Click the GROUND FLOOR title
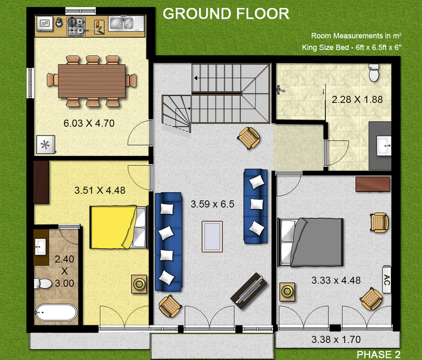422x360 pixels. (226, 14)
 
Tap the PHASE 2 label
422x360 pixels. (378, 354)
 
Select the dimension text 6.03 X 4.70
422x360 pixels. (89, 123)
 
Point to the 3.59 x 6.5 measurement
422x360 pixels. (212, 205)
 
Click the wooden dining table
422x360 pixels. (92, 81)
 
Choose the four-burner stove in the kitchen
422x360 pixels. (76, 25)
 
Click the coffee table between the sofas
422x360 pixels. (212, 237)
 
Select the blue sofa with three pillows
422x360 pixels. (256, 207)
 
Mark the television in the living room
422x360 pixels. (249, 291)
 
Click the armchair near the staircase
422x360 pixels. (248, 138)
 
